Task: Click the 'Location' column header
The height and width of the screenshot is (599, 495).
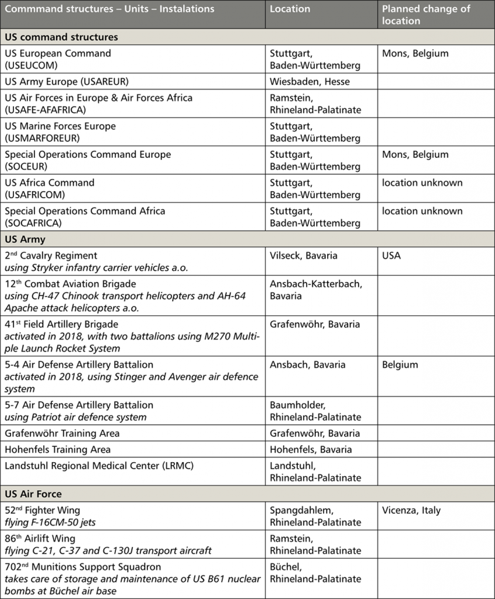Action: click(x=290, y=9)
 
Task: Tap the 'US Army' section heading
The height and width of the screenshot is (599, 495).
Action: click(x=25, y=239)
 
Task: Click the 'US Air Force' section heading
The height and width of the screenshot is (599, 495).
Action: click(x=33, y=494)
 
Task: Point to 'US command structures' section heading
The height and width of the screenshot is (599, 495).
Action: click(x=61, y=37)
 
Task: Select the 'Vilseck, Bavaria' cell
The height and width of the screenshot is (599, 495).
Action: click(x=303, y=256)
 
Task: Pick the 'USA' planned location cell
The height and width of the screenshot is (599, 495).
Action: click(x=391, y=256)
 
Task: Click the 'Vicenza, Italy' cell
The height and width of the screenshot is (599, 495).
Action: click(x=411, y=510)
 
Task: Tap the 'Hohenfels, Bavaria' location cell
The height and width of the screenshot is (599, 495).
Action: click(x=311, y=449)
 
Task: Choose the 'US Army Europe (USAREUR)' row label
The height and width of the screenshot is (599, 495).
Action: click(x=67, y=81)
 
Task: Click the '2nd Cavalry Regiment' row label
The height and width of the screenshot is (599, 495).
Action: click(x=51, y=256)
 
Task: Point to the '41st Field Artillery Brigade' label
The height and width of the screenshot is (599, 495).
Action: click(x=61, y=324)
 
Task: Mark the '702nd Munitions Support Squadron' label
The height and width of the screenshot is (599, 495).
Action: click(x=82, y=567)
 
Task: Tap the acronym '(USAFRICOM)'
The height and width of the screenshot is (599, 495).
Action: click(x=35, y=195)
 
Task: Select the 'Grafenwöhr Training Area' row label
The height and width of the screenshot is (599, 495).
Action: click(x=62, y=433)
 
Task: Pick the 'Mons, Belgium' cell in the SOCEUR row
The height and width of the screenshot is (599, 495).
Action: click(x=415, y=154)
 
